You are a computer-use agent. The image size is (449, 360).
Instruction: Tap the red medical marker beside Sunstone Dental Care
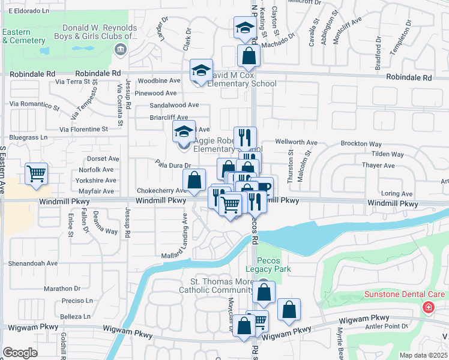428,308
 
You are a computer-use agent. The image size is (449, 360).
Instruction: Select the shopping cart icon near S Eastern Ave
37,174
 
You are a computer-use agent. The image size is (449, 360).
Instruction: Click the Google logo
20,353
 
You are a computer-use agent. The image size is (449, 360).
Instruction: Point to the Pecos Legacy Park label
274,265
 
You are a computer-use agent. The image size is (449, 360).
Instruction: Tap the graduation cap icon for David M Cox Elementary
202,70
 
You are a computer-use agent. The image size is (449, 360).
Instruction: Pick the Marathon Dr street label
62,288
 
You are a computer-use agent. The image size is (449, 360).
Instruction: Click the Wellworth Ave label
296,142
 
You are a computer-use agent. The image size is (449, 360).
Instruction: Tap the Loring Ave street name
397,194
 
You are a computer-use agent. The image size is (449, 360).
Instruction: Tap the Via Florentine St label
84,129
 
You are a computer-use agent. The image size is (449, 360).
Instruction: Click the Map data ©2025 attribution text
423,355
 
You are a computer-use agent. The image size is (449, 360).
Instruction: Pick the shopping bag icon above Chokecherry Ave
194,179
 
